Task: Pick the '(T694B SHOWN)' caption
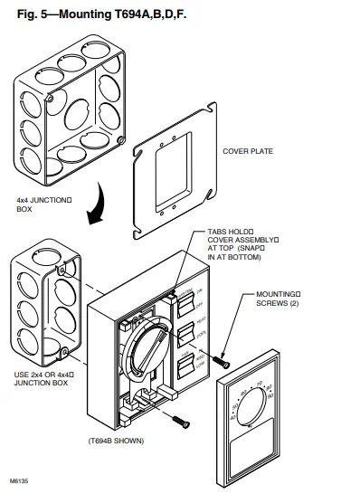[117, 441]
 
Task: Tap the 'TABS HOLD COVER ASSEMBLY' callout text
[232, 244]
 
